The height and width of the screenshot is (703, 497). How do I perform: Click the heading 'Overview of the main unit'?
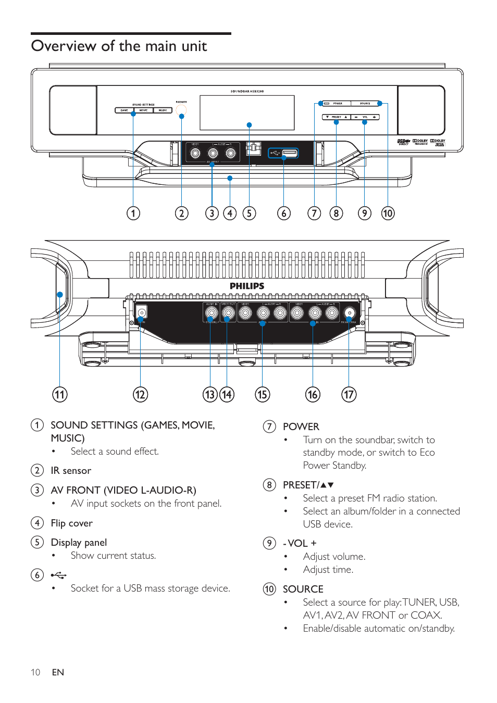[x=119, y=46]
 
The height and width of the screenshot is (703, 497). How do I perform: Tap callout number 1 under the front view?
[x=133, y=214]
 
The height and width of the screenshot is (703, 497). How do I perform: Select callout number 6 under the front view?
[x=284, y=214]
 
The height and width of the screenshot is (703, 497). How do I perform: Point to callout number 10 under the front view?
[x=388, y=214]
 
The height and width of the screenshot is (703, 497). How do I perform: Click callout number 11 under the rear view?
[x=60, y=395]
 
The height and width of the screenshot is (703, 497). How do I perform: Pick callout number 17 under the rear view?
[x=349, y=395]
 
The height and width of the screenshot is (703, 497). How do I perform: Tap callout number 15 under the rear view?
[x=262, y=395]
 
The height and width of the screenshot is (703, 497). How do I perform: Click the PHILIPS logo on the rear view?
[x=247, y=286]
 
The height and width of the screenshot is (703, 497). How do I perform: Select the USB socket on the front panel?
[x=289, y=153]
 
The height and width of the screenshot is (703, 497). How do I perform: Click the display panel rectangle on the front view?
[x=247, y=112]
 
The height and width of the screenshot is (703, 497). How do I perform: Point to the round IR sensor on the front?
[x=181, y=110]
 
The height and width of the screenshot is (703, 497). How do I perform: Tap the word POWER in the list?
[x=301, y=426]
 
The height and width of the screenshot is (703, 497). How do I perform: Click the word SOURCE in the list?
[x=303, y=589]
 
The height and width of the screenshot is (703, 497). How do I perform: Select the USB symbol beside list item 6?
[x=58, y=575]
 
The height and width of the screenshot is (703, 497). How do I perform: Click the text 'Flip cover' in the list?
[x=71, y=523]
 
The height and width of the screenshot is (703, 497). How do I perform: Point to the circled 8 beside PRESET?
[x=269, y=485]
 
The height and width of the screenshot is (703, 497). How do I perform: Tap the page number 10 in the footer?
[x=35, y=672]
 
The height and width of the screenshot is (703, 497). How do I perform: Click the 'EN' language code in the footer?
[x=58, y=672]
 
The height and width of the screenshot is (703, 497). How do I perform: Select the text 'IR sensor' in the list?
[x=71, y=471]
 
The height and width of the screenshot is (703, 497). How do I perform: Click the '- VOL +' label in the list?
[x=300, y=543]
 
